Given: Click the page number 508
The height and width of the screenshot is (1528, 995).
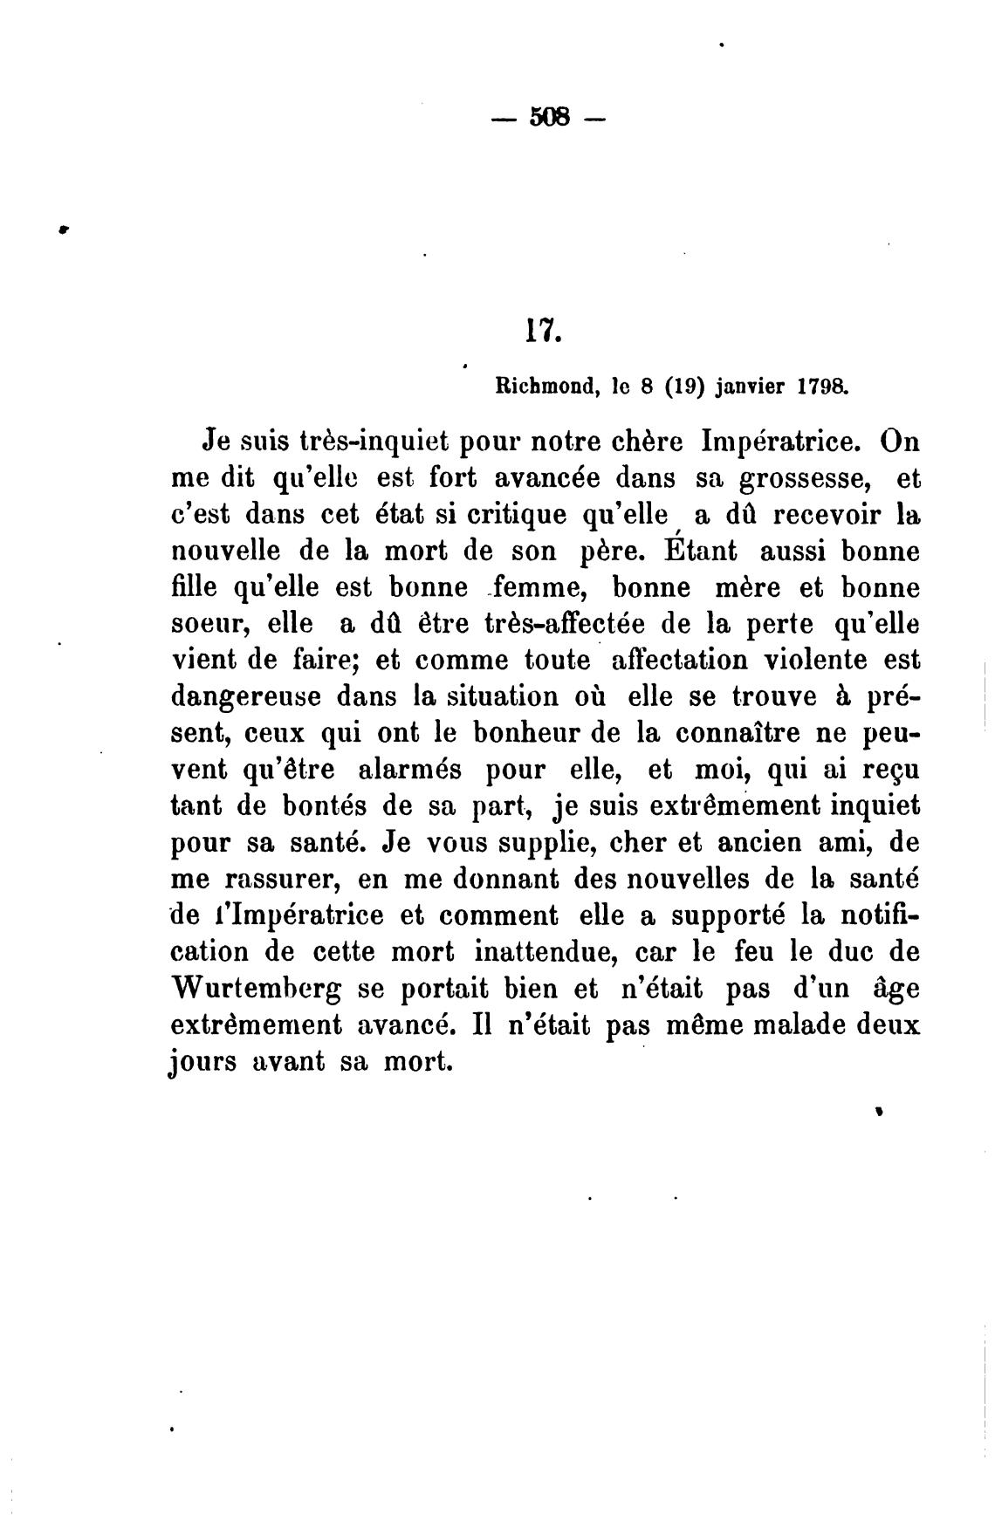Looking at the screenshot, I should click(x=548, y=116).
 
